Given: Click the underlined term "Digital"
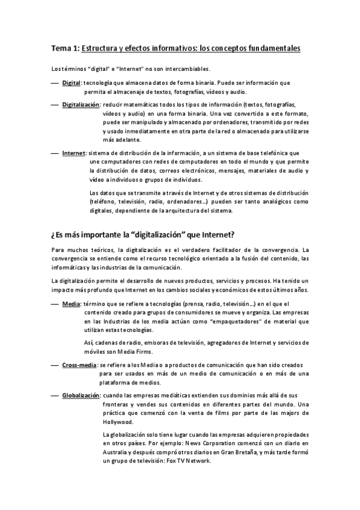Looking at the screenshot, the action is pyautogui.click(x=72, y=82).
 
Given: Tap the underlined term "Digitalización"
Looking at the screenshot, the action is pyautogui.click(x=81, y=105).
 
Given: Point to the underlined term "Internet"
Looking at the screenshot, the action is pyautogui.click(x=73, y=153).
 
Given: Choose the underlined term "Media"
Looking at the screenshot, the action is pyautogui.click(x=71, y=304).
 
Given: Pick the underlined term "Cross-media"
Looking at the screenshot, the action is pyautogui.click(x=80, y=365).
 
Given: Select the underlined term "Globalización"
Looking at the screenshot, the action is pyautogui.click(x=81, y=395).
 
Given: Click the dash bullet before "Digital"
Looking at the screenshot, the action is pyautogui.click(x=55, y=82).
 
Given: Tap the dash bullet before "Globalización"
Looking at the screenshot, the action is pyautogui.click(x=55, y=395).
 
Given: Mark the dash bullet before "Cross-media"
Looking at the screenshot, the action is pyautogui.click(x=55, y=365).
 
